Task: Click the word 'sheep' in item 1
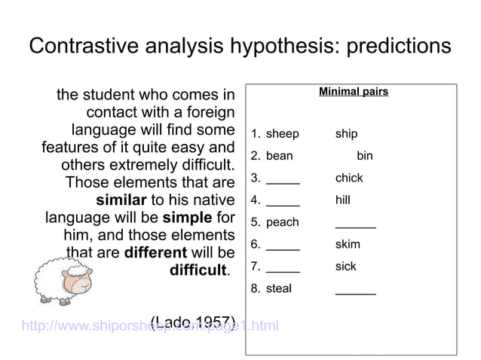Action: tap(283, 135)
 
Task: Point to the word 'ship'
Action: tap(347, 135)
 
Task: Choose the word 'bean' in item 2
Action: tap(280, 157)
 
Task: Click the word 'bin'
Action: tap(365, 157)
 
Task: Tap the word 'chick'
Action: tap(349, 178)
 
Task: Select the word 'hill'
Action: tap(344, 200)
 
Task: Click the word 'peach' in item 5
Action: tap(283, 223)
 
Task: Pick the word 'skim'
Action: tap(348, 245)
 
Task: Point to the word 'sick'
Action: tap(346, 267)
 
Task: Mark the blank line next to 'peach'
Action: tap(355, 226)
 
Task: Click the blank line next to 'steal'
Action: tap(355, 292)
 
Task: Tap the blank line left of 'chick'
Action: tap(283, 182)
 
